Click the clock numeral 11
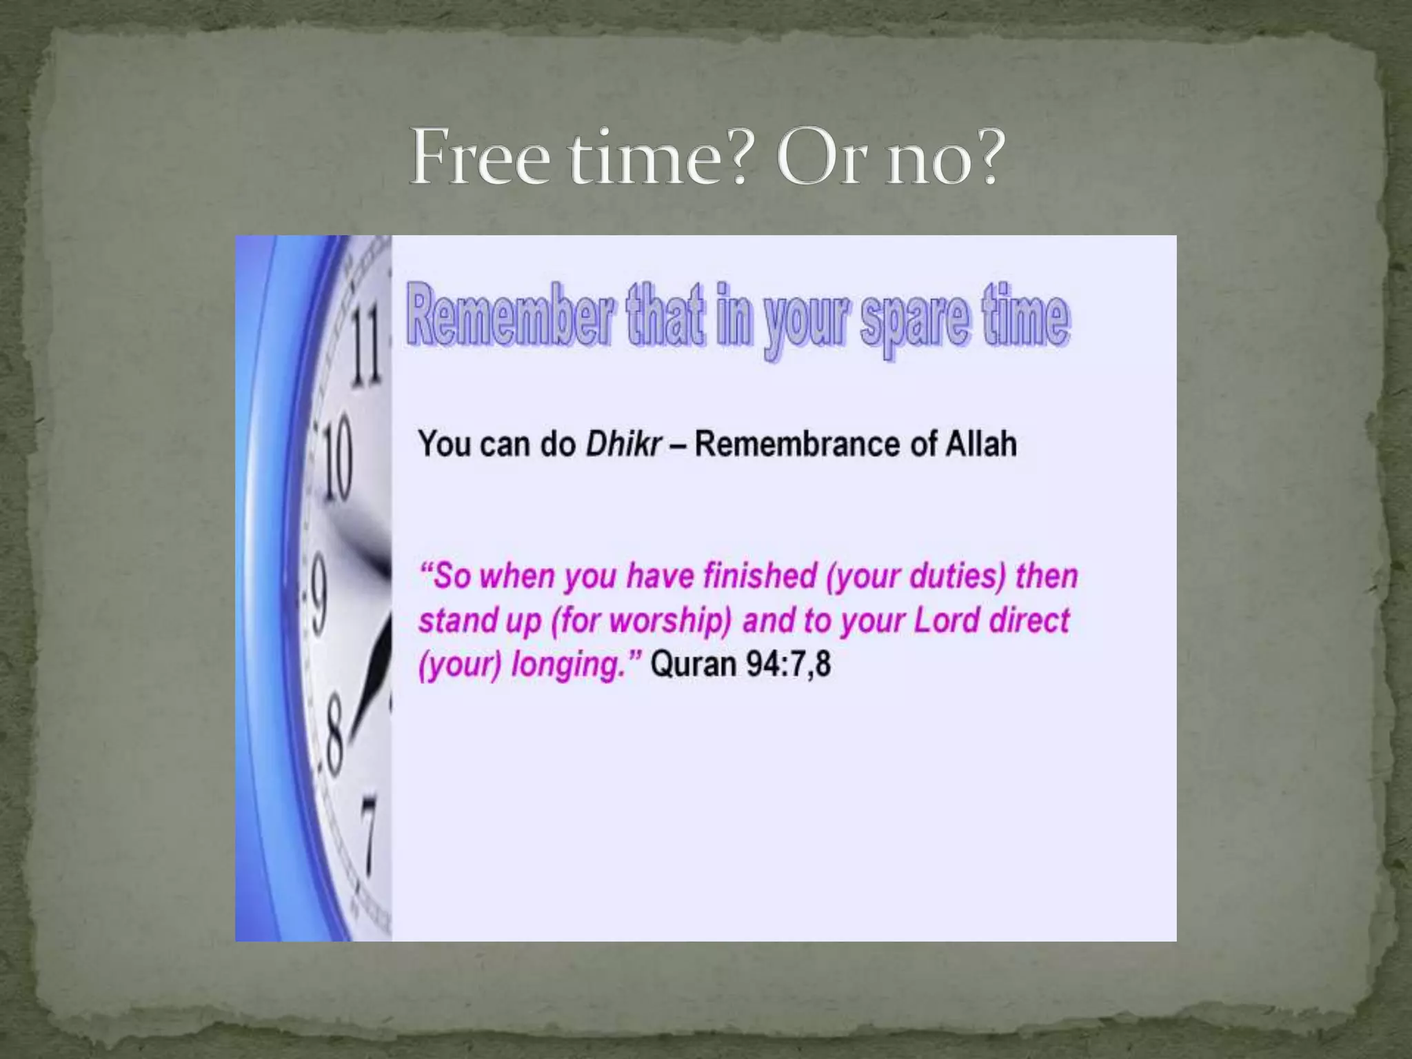pos(366,344)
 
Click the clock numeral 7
pos(370,834)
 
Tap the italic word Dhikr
pos(623,443)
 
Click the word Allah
pos(980,443)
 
